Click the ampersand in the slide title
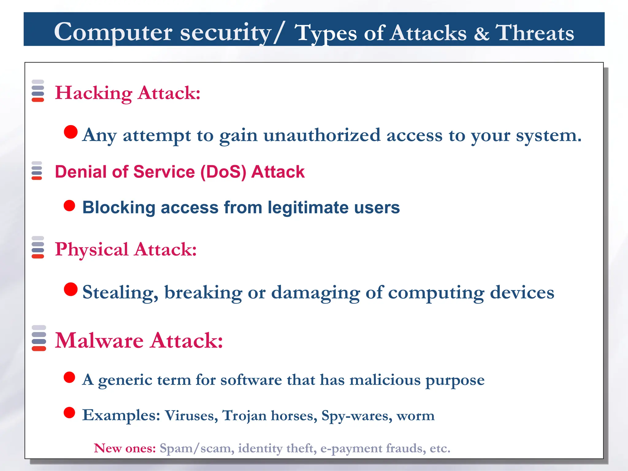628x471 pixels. click(x=481, y=33)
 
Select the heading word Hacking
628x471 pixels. click(x=94, y=93)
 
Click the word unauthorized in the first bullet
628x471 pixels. click(x=322, y=135)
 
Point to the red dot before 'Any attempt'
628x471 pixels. click(x=71, y=132)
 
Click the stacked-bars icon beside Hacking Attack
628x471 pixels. click(x=38, y=91)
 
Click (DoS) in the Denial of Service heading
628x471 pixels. click(x=223, y=172)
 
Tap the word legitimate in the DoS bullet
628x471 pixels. click(x=308, y=208)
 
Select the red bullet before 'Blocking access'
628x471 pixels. click(x=69, y=206)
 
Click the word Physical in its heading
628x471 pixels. click(x=91, y=250)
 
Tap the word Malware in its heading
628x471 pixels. click(x=99, y=341)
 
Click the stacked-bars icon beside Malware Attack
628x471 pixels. click(x=39, y=338)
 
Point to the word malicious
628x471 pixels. click(x=385, y=380)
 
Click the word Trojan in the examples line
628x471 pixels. click(x=244, y=416)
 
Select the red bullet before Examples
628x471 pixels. click(x=69, y=413)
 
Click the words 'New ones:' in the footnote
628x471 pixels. click(x=125, y=448)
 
